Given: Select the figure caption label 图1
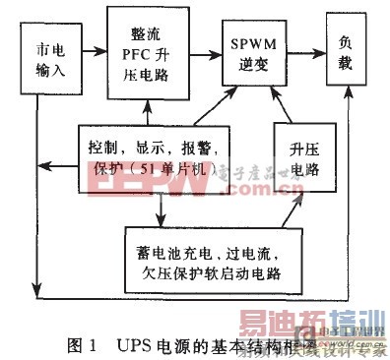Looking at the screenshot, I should click(x=83, y=344).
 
